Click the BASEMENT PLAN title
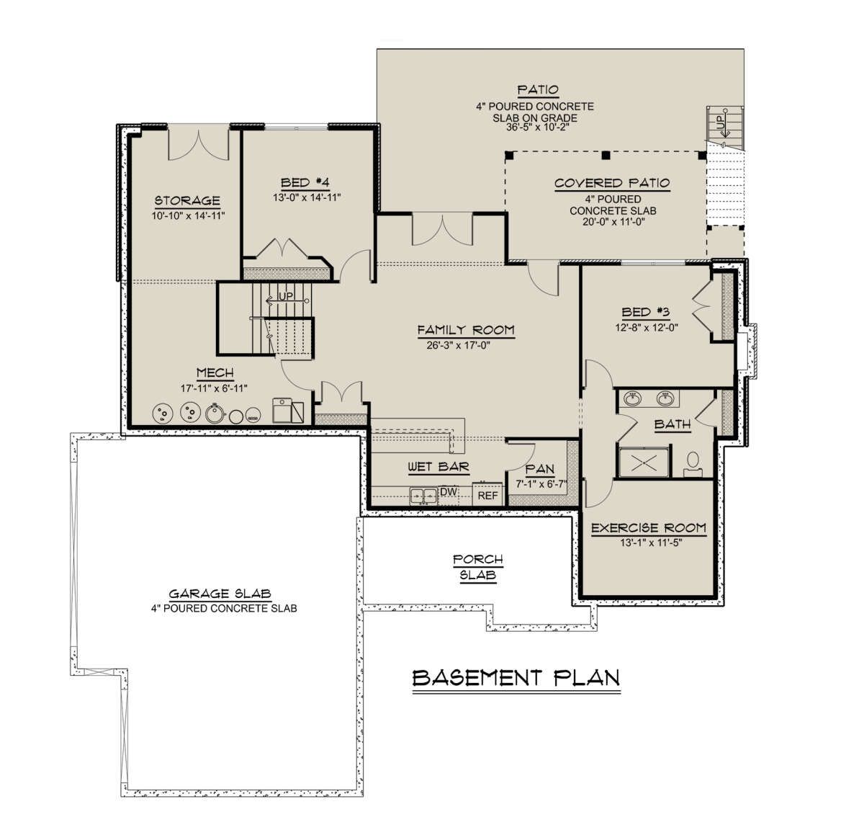pyautogui.click(x=516, y=678)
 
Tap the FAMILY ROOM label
pyautogui.click(x=466, y=330)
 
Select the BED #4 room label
pyautogui.click(x=305, y=182)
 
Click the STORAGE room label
pyautogui.click(x=187, y=201)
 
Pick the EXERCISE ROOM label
pyautogui.click(x=649, y=528)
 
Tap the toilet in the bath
pyautogui.click(x=693, y=464)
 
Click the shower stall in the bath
pyautogui.click(x=644, y=463)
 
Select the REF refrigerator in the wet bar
pyautogui.click(x=487, y=494)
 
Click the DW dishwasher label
pyautogui.click(x=449, y=492)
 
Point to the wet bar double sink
pyautogui.click(x=423, y=496)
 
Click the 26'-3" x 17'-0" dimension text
pyautogui.click(x=458, y=345)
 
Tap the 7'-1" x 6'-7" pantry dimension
pyautogui.click(x=541, y=484)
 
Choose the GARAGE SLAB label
pyautogui.click(x=220, y=594)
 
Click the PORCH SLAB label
pyautogui.click(x=478, y=567)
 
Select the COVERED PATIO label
pyautogui.click(x=612, y=183)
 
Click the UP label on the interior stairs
pyautogui.click(x=286, y=296)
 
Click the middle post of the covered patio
pyautogui.click(x=606, y=156)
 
